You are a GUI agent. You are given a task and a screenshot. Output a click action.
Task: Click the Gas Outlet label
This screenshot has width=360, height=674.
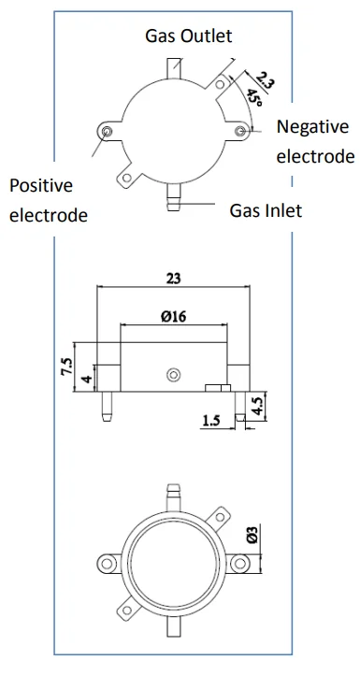point(188,36)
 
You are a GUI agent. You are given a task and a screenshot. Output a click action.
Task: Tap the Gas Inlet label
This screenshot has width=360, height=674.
point(266,210)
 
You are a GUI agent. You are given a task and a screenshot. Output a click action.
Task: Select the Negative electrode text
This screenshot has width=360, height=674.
point(315,141)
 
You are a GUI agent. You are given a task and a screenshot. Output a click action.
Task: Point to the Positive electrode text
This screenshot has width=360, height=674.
point(49,200)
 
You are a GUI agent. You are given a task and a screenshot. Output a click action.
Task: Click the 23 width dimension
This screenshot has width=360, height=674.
point(173,279)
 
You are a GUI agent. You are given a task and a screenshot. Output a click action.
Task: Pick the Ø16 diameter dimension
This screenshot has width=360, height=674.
point(173,317)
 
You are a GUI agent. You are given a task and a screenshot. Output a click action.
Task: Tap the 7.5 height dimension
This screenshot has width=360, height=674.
point(66,366)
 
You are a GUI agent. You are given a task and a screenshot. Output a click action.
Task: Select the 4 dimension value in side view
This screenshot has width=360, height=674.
point(87,380)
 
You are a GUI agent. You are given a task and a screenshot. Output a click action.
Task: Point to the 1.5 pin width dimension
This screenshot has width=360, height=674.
point(210,420)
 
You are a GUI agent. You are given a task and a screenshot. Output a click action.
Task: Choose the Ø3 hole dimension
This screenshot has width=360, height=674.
point(252,534)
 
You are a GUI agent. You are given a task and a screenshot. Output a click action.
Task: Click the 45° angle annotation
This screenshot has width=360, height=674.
point(254,97)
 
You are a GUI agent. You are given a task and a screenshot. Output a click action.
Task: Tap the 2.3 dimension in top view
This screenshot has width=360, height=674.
point(265,79)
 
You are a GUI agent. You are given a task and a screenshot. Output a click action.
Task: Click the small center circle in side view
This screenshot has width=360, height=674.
point(173,375)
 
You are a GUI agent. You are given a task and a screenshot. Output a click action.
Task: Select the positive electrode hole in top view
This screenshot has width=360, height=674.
point(107,131)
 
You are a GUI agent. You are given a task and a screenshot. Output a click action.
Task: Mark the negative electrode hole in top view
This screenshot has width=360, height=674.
point(239,131)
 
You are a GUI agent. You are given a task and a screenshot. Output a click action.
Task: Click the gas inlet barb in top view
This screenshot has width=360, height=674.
point(173,197)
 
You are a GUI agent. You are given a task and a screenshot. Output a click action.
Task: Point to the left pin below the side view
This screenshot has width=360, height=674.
point(107,407)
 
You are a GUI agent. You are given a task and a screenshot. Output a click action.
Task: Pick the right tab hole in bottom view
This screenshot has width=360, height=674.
point(239,563)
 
